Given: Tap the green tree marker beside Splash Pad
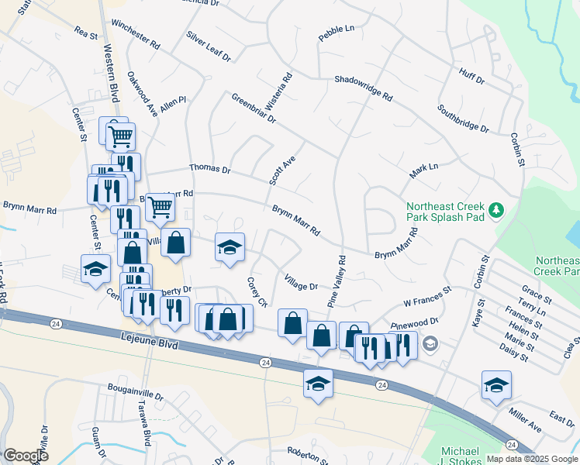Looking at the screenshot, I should [495, 209].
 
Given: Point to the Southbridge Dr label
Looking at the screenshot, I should [463, 119].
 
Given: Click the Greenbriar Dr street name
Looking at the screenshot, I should [254, 108].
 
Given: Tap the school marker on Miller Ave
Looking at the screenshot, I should [496, 384].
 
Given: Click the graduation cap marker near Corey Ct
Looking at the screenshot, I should [230, 247].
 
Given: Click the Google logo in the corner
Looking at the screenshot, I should [26, 455].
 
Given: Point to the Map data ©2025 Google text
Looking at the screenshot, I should [532, 459].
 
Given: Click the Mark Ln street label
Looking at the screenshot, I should [424, 170].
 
